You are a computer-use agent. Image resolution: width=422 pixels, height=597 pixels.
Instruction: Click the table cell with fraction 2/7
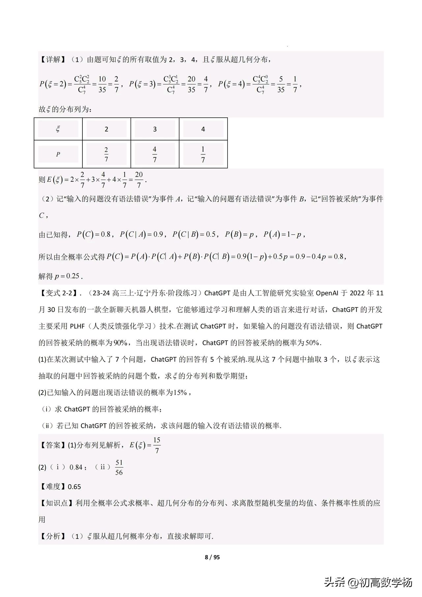[106, 154]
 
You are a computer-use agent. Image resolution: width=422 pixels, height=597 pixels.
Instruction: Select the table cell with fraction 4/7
[155, 154]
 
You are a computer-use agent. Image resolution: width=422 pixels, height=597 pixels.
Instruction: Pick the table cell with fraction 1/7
[203, 154]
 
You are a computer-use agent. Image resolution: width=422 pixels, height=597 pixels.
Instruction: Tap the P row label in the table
[58, 154]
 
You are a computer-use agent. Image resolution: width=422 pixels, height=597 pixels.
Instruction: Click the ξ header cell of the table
[58, 129]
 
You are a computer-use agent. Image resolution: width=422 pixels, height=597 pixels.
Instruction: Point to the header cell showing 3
[155, 129]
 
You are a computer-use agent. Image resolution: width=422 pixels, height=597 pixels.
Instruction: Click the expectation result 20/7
[139, 179]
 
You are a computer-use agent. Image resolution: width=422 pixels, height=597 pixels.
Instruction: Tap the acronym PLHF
[77, 326]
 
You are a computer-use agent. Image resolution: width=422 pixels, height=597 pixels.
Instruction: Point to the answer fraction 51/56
[119, 467]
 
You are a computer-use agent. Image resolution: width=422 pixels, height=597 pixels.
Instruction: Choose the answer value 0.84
[76, 467]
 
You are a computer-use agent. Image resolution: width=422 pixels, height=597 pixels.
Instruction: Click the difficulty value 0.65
[74, 487]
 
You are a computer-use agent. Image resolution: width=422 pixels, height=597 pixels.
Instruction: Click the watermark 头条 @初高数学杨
[368, 582]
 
